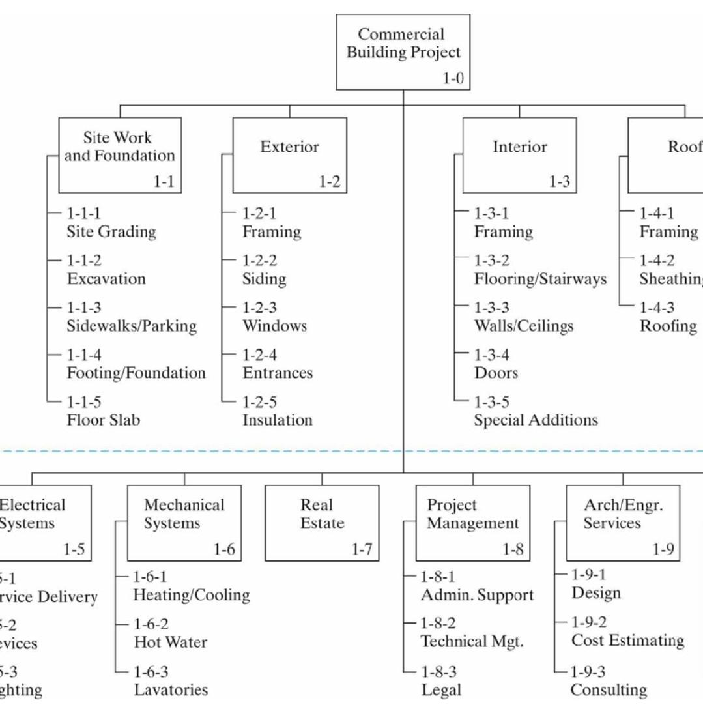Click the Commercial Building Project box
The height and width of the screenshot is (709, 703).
[403, 51]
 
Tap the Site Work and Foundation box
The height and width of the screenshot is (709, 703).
[120, 155]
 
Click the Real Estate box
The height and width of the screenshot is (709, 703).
[322, 523]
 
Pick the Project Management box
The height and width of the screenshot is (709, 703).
[472, 523]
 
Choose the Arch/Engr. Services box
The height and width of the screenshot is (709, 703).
[622, 523]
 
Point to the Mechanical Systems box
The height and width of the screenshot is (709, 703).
[184, 523]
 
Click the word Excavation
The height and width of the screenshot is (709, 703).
[106, 279]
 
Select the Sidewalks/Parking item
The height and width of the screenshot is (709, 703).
[131, 326]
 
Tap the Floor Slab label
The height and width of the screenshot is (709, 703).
[103, 420]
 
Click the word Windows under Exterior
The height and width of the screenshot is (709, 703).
[274, 326]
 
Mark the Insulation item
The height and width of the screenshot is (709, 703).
[278, 420]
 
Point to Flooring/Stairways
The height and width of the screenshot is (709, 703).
[540, 279]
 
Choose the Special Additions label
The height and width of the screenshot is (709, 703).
[536, 420]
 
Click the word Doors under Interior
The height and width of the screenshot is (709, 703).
[496, 373]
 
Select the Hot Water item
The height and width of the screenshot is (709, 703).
[170, 643]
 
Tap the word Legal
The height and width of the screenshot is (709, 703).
[441, 690]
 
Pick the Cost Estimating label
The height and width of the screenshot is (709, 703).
[627, 641]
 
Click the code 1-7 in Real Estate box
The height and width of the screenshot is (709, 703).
[362, 550]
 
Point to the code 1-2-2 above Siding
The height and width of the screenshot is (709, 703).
[259, 261]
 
